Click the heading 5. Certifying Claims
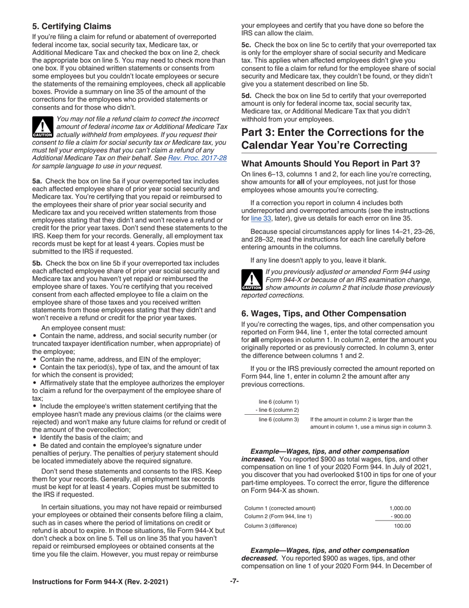(72, 26)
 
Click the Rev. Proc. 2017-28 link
(197, 158)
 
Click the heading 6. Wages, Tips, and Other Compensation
(323, 313)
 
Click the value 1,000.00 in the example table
(400, 508)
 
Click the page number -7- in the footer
(234, 581)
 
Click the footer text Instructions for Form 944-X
(100, 582)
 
